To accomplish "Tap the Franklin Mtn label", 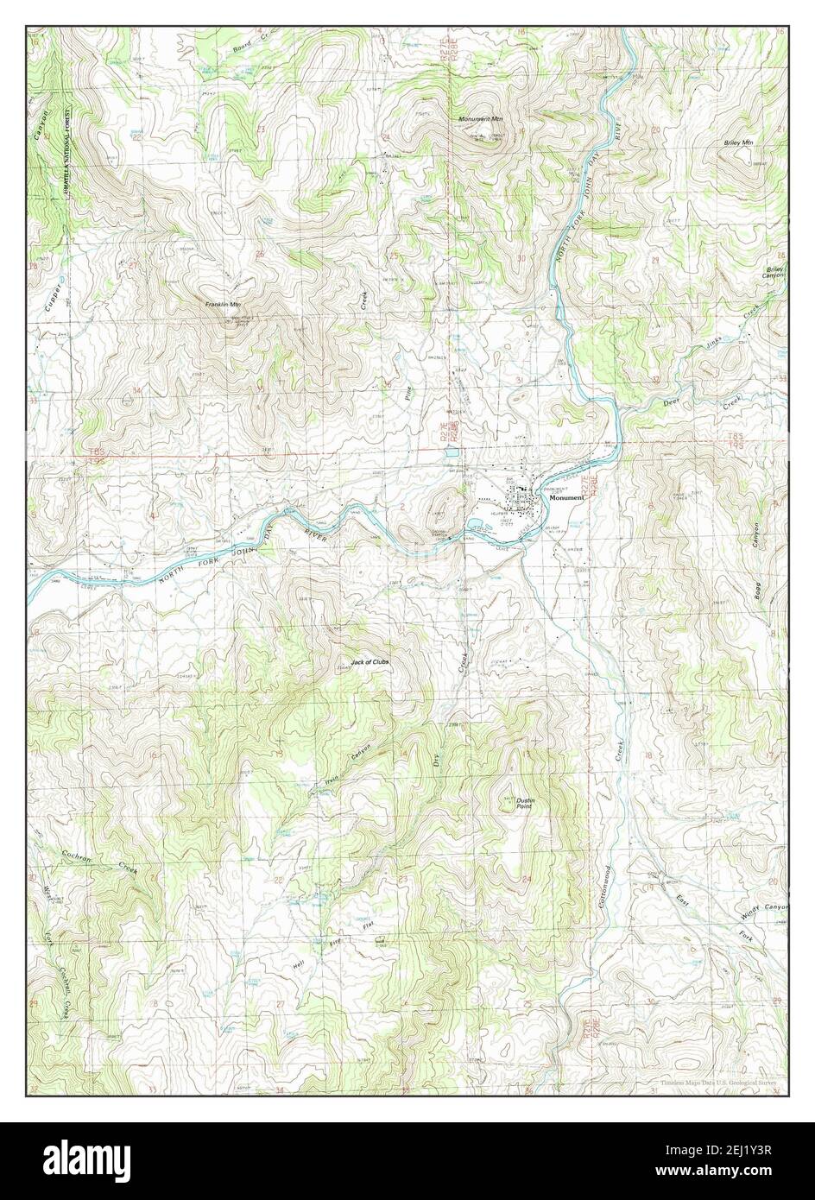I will [x=223, y=305].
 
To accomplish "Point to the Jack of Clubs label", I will [x=370, y=662].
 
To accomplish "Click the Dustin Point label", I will [x=526, y=803].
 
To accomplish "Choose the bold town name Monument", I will [x=565, y=499].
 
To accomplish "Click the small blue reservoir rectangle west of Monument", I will [x=450, y=451].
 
